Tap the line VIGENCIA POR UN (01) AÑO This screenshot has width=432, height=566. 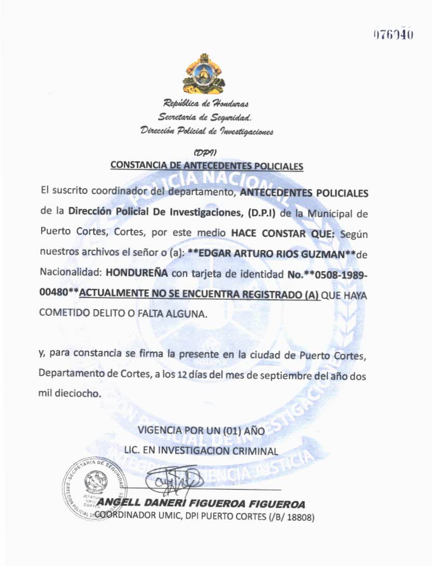(201, 431)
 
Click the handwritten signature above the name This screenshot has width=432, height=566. (171, 480)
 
